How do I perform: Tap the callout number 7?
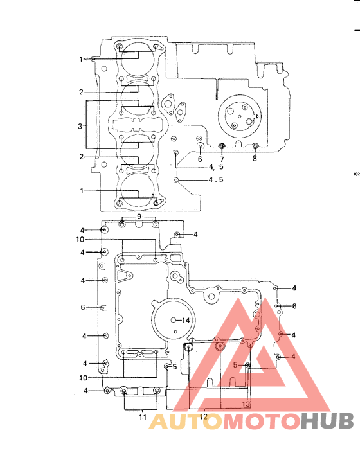222,159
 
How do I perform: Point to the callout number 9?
138,217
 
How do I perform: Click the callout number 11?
143,417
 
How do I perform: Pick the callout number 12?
203,417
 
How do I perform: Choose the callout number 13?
246,404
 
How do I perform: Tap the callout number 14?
186,320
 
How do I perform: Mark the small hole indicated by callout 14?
174,319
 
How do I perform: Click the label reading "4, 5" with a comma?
215,166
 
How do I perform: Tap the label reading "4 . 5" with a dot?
215,180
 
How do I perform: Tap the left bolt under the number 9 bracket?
123,224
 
